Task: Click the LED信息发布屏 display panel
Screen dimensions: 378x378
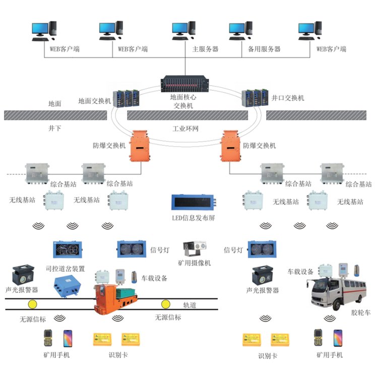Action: [193, 202]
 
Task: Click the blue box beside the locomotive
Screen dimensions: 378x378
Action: [68, 283]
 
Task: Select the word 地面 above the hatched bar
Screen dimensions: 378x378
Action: [54, 103]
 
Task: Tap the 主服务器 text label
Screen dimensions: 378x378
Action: [205, 49]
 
